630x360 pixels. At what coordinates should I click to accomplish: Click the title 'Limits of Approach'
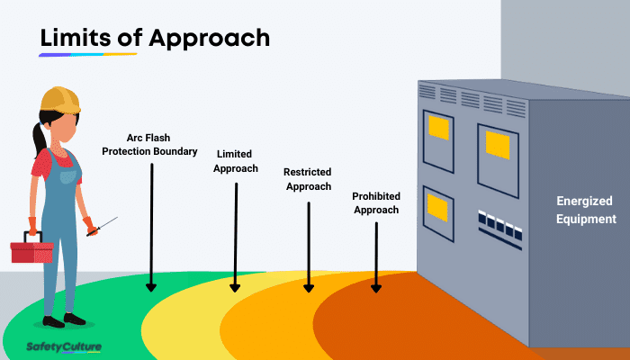pos(154,38)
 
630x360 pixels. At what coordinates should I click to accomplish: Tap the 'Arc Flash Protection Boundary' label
pos(149,144)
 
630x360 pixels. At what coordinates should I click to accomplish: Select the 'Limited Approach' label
pos(236,161)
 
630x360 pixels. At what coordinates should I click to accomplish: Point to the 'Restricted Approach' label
pos(308,179)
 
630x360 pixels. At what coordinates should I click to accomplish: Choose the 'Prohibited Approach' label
pos(376,202)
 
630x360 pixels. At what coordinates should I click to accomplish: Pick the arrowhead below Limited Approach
pos(235,285)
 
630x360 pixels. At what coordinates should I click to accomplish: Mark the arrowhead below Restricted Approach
pos(308,285)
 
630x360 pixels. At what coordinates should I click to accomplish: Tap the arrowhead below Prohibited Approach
pos(376,286)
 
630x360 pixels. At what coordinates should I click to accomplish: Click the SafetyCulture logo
pos(63,346)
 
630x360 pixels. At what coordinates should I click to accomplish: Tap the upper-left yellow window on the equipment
pos(438,128)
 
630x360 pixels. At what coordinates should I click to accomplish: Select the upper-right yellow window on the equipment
pos(498,142)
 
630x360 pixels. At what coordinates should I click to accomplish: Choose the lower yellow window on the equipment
pos(437,209)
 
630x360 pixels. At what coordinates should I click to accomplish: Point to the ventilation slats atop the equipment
pos(472,97)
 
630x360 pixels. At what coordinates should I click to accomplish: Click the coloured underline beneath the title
pos(87,55)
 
